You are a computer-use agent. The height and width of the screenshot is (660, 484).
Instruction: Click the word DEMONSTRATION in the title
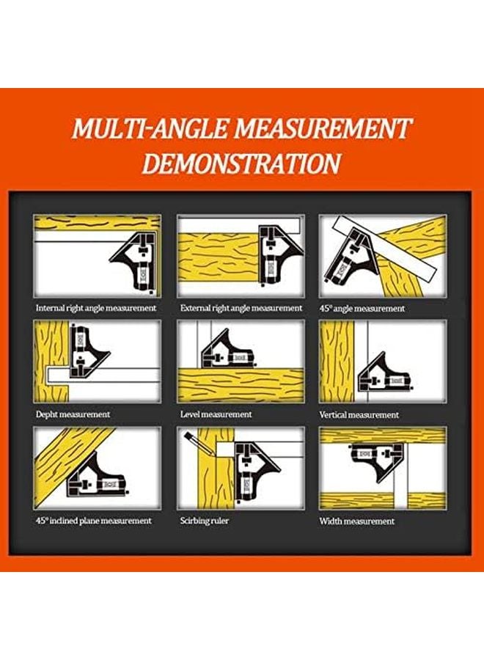pyautogui.click(x=241, y=163)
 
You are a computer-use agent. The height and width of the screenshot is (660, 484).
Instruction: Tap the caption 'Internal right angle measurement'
pyautogui.click(x=96, y=308)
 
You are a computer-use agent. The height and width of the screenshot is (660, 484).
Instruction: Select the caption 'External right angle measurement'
pyautogui.click(x=241, y=308)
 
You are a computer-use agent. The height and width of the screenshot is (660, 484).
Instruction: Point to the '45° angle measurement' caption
pyautogui.click(x=362, y=309)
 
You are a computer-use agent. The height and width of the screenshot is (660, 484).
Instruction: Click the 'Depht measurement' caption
pyautogui.click(x=73, y=414)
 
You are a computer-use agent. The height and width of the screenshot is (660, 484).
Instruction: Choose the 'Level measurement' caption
pyautogui.click(x=216, y=414)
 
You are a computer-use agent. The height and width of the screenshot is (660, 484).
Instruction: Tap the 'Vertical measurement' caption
pyautogui.click(x=359, y=415)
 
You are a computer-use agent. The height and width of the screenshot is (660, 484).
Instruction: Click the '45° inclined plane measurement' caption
pyautogui.click(x=94, y=521)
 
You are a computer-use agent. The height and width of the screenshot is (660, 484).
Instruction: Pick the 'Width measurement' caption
pyautogui.click(x=356, y=521)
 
